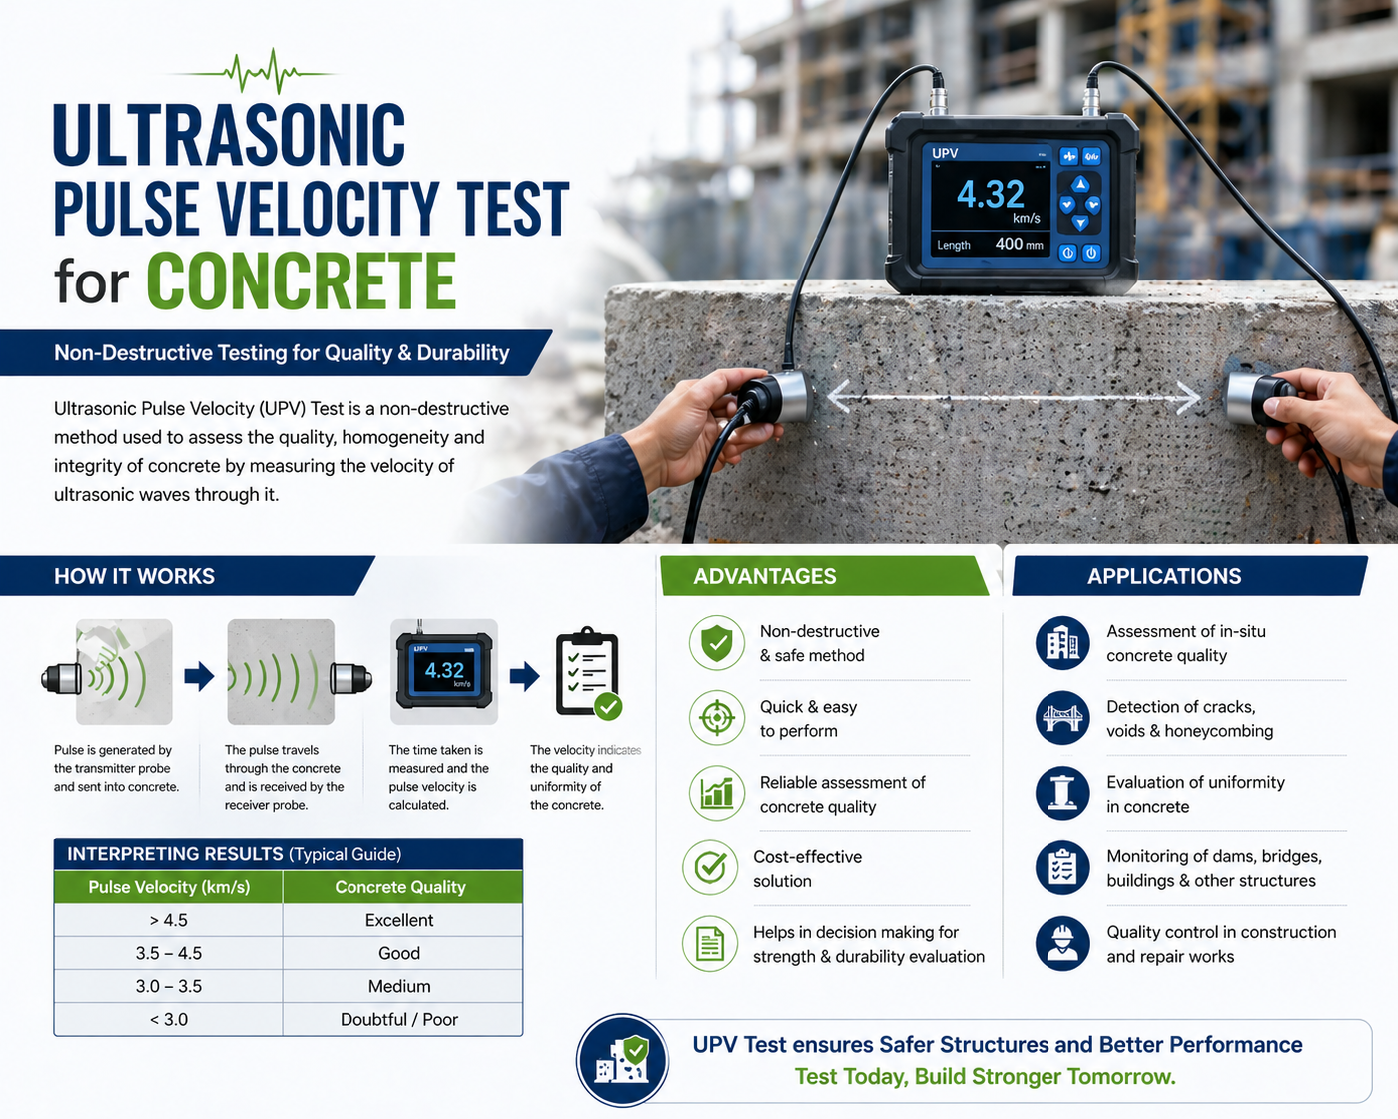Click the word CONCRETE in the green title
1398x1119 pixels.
302,280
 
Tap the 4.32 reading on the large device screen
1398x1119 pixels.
990,194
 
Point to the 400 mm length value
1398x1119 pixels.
1019,245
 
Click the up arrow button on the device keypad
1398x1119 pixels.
1080,185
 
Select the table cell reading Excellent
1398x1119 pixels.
398,920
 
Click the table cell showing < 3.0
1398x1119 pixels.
168,1019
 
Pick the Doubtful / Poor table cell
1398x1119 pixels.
398,1019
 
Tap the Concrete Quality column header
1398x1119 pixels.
400,887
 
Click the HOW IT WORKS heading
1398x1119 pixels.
134,576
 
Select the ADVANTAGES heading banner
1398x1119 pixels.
825,576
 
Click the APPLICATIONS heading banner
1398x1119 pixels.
1190,576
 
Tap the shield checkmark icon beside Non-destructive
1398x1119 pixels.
717,643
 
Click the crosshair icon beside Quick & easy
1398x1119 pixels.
717,718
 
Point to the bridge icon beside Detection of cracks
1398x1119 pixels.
1062,718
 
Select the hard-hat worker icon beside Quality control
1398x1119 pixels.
1062,943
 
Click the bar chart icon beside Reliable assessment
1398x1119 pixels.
717,793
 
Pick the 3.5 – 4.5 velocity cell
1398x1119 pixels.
168,953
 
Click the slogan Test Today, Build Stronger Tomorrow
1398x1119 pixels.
986,1077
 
